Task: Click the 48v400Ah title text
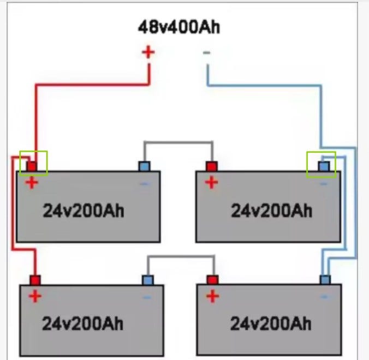pos(179,27)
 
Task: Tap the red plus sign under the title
pos(148,52)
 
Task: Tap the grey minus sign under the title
pos(207,53)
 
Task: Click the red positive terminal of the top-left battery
pos(32,166)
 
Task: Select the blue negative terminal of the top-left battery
pos(144,166)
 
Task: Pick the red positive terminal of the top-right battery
pos(212,166)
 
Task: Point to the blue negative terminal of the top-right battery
pos(324,166)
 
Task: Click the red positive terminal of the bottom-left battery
pos(35,280)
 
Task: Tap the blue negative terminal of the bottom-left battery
pos(148,280)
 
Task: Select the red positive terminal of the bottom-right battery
pos(212,280)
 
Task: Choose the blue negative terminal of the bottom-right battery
pos(325,280)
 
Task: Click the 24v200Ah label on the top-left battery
pos(84,211)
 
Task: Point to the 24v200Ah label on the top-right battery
pos(272,211)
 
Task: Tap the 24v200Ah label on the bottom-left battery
pos(83,324)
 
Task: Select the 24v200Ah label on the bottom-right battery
pos(271,324)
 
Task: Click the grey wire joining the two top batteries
pos(178,142)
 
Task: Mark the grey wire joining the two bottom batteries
pos(181,256)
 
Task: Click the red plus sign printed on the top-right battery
pos(212,183)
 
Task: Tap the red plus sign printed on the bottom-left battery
pos(35,296)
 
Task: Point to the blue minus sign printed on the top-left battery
pos(145,184)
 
